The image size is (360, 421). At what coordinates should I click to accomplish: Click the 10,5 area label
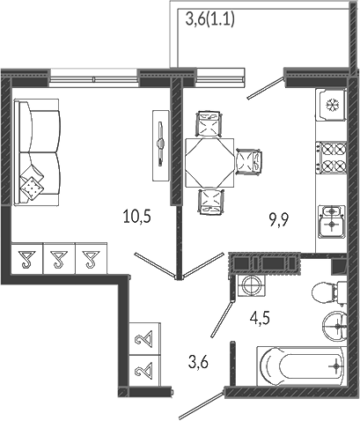[x=137, y=217]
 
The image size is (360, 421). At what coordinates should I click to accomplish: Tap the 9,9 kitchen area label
[x=279, y=220]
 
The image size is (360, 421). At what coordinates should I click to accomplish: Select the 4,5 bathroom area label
[x=260, y=318]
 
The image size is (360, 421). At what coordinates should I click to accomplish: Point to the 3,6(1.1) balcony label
[x=210, y=19]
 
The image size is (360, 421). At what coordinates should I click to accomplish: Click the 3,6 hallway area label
[x=198, y=362]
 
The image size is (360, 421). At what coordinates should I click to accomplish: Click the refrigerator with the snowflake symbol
[x=331, y=105]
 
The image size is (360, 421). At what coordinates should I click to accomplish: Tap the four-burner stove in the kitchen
[x=331, y=157]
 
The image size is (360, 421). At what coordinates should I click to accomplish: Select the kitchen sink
[x=332, y=221]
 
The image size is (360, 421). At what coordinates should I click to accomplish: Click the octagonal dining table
[x=209, y=163]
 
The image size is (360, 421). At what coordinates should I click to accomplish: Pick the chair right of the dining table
[x=249, y=163]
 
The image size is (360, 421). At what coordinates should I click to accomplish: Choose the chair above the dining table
[x=209, y=123]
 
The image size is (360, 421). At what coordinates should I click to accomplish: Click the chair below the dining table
[x=210, y=202]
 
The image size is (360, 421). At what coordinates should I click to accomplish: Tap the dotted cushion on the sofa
[x=32, y=188]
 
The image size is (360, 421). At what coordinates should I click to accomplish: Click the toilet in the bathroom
[x=329, y=293]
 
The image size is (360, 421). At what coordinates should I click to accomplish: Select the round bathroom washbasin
[x=334, y=326]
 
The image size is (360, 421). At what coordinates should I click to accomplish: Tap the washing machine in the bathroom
[x=252, y=285]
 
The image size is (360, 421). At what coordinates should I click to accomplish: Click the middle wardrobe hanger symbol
[x=60, y=259]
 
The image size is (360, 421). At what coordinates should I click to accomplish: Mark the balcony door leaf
[x=266, y=88]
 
